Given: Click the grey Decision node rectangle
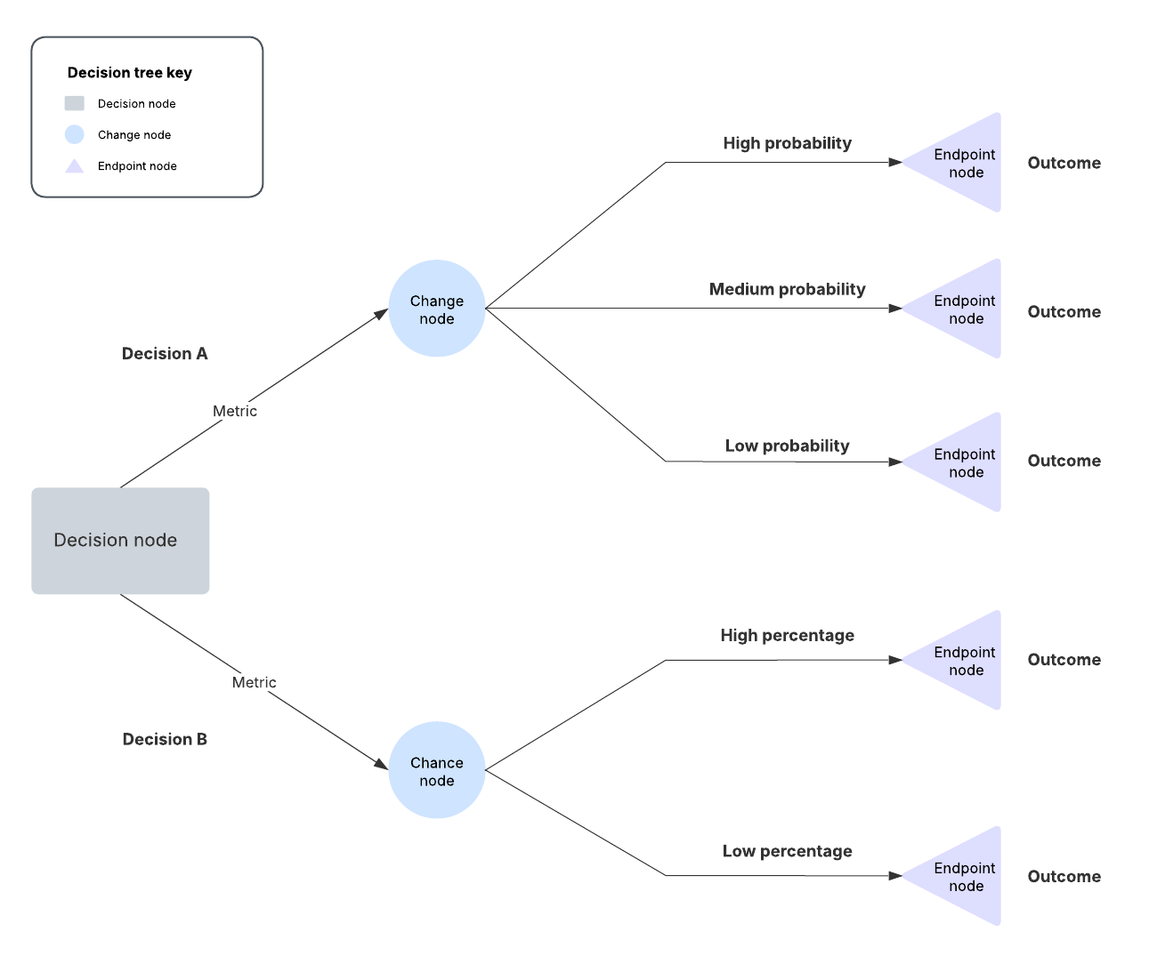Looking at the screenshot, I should tap(120, 540).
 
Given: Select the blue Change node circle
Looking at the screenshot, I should tap(436, 309).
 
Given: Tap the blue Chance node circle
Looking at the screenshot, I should tap(436, 770).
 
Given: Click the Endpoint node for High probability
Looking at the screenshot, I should tap(961, 163).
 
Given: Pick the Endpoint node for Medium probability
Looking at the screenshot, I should tap(961, 309).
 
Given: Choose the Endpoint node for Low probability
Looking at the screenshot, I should tap(961, 462).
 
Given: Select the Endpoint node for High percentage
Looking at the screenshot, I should tap(961, 660).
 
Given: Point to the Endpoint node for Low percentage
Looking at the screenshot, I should tap(961, 876).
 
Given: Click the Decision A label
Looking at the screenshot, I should tap(165, 354).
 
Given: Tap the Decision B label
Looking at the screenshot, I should tap(165, 739).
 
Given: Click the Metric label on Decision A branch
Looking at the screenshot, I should tap(235, 411).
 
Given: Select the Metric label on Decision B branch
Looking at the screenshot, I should tap(255, 682).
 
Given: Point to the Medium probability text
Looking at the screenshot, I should tap(787, 289).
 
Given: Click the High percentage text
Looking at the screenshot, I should tap(787, 635).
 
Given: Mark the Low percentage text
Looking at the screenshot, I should tap(787, 851).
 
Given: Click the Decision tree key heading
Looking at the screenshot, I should tap(130, 73).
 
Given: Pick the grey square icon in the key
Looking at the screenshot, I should tap(75, 103).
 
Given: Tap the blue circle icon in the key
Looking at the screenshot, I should tap(75, 134).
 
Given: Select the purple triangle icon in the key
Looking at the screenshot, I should tap(75, 166).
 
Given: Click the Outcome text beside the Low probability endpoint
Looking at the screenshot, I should tap(1064, 461).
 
